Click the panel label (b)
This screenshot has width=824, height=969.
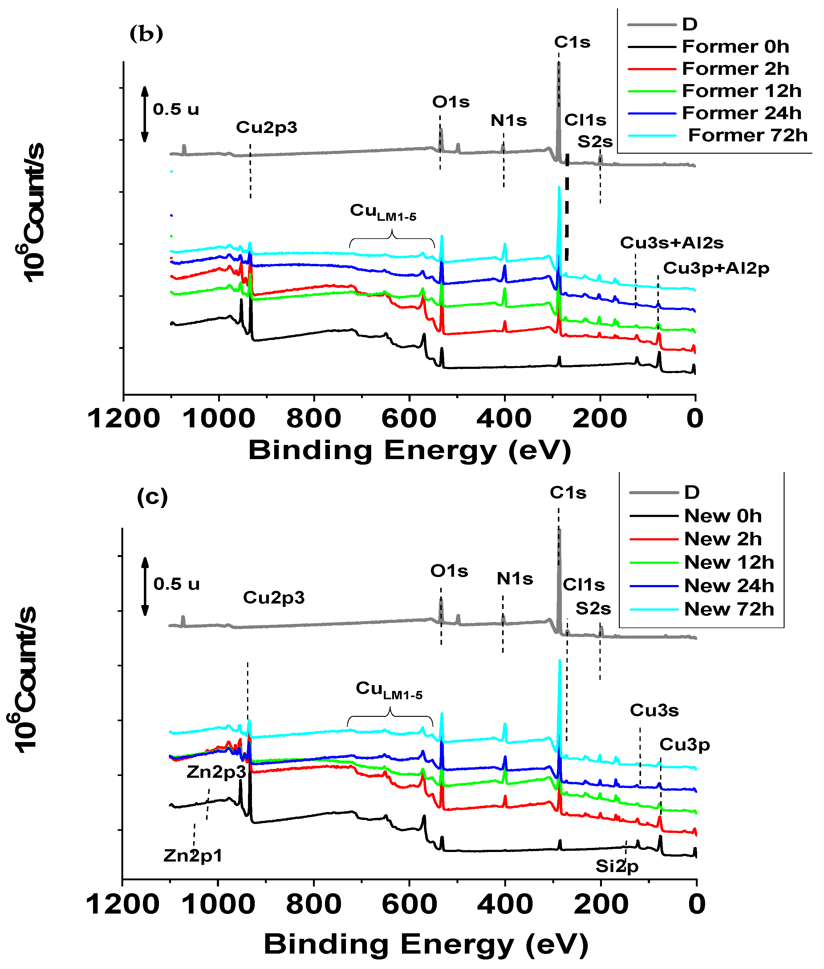(146, 34)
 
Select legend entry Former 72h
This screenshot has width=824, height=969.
(747, 135)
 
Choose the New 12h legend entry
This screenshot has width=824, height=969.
(729, 562)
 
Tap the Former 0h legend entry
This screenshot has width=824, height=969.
(735, 47)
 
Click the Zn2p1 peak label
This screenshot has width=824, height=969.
(193, 855)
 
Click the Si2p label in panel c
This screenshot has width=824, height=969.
(617, 866)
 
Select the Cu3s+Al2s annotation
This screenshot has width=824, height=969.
(671, 243)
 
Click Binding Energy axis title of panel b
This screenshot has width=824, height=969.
(410, 451)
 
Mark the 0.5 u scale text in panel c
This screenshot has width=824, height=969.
(177, 584)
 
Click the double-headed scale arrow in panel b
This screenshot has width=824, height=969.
(145, 114)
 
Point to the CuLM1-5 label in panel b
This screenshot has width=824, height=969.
(383, 212)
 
